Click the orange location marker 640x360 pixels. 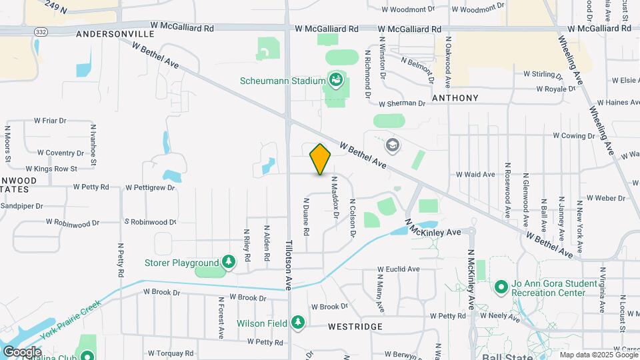coord(320,159)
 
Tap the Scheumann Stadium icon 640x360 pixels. coord(336,81)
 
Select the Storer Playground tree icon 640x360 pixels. coord(229,262)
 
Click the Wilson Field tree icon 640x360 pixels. coord(298,323)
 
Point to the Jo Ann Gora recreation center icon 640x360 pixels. coord(501,287)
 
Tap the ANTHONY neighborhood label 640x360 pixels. coord(455,98)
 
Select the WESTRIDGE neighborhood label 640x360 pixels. coord(355,327)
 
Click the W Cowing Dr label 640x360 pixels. coord(573,135)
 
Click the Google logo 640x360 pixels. coord(21,351)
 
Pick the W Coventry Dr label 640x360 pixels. coord(59,152)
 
